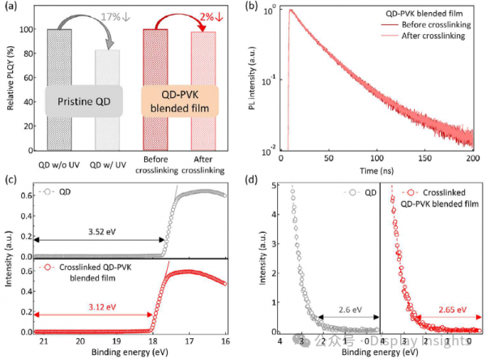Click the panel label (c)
pyautogui.click(x=9, y=179)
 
